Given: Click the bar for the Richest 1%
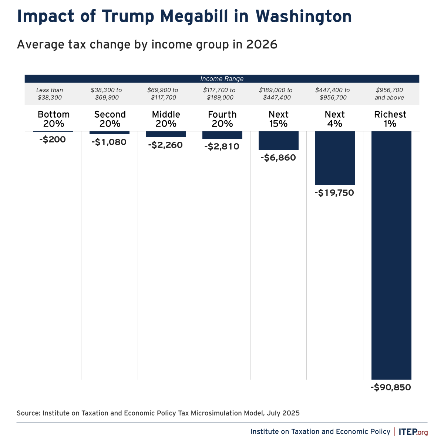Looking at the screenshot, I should [391, 255].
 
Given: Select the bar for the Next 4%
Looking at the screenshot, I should [335, 158].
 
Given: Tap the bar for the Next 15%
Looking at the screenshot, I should [279, 141].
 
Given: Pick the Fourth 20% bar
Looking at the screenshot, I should [222, 135].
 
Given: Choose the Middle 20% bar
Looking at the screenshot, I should [166, 134].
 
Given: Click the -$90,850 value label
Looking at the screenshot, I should [391, 388].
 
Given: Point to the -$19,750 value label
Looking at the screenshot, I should [334, 193].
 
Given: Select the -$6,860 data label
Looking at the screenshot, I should [278, 158].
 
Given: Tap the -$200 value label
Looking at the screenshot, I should [53, 140].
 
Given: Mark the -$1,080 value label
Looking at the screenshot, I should [109, 142].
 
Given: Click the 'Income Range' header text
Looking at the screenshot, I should [222, 79].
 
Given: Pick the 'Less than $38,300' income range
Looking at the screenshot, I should [50, 94].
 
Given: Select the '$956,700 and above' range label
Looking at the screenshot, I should [389, 94].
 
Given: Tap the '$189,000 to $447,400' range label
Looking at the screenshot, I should [276, 94].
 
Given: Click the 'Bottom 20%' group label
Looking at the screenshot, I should [54, 119].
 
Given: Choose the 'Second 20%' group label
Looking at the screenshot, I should [110, 119].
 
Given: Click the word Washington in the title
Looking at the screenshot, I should [303, 17].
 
